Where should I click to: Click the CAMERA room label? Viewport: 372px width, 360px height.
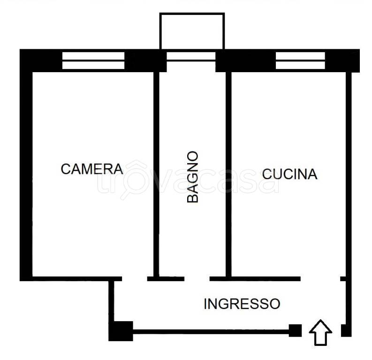(92, 169)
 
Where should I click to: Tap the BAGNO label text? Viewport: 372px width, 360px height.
(192, 177)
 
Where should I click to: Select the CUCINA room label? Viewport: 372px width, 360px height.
(289, 174)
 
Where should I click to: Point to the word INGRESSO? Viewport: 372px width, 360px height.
(242, 304)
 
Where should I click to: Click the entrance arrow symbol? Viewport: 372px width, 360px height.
(320, 333)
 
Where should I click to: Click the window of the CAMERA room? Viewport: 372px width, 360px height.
(93, 60)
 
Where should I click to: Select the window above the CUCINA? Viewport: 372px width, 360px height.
(300, 60)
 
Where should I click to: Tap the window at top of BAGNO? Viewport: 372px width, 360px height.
(191, 56)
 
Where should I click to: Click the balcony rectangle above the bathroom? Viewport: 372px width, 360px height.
(192, 31)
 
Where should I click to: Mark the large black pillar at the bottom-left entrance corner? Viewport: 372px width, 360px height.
(121, 331)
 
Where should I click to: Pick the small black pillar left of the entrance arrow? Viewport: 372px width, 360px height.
(295, 330)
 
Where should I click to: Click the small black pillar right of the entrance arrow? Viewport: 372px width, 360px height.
(346, 330)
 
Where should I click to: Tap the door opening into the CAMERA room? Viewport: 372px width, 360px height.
(135, 279)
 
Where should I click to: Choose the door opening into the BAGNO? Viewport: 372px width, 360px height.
(197, 279)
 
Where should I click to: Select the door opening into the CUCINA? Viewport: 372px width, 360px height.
(320, 279)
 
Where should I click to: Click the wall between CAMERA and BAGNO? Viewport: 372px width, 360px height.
(157, 173)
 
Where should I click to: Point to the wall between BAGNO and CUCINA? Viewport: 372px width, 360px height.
(228, 173)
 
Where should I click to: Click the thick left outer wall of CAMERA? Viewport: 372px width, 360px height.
(26, 173)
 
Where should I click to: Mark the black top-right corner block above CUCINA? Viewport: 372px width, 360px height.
(342, 60)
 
